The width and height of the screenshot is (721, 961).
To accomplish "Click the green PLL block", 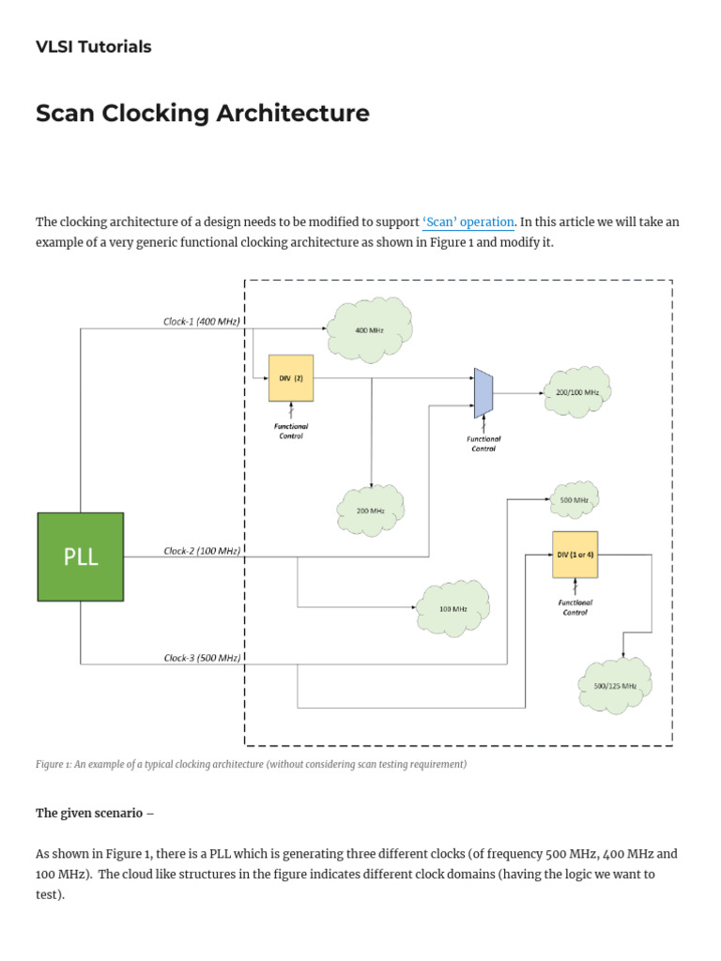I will tap(81, 557).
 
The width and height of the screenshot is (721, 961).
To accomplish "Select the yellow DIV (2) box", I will tap(290, 378).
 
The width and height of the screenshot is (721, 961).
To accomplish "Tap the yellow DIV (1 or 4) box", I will tap(575, 555).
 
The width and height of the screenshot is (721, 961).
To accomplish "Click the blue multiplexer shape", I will tap(483, 392).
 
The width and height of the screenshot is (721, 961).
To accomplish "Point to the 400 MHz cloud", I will tap(368, 329).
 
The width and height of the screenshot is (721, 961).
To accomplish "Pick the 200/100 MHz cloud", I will tap(577, 391).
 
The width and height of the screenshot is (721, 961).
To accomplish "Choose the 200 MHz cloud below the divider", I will tap(371, 511).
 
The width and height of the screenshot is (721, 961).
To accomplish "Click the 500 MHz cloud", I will tap(574, 500).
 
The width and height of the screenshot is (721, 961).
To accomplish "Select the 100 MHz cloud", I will tap(453, 608).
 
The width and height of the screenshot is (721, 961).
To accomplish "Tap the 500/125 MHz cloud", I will tap(615, 685).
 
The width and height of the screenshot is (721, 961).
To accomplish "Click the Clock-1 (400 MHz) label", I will tap(202, 322).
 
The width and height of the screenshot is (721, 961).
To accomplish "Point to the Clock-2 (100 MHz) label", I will tap(202, 551).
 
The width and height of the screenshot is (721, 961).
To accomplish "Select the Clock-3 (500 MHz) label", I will tap(202, 658).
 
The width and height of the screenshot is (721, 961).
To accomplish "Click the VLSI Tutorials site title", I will tap(93, 47).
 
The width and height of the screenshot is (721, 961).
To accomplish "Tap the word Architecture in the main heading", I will tap(293, 114).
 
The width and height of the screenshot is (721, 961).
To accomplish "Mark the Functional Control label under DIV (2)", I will tap(291, 431).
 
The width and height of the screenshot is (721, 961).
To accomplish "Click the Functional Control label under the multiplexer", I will tap(483, 443).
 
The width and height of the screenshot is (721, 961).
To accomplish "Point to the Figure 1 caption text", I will tap(251, 765).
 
